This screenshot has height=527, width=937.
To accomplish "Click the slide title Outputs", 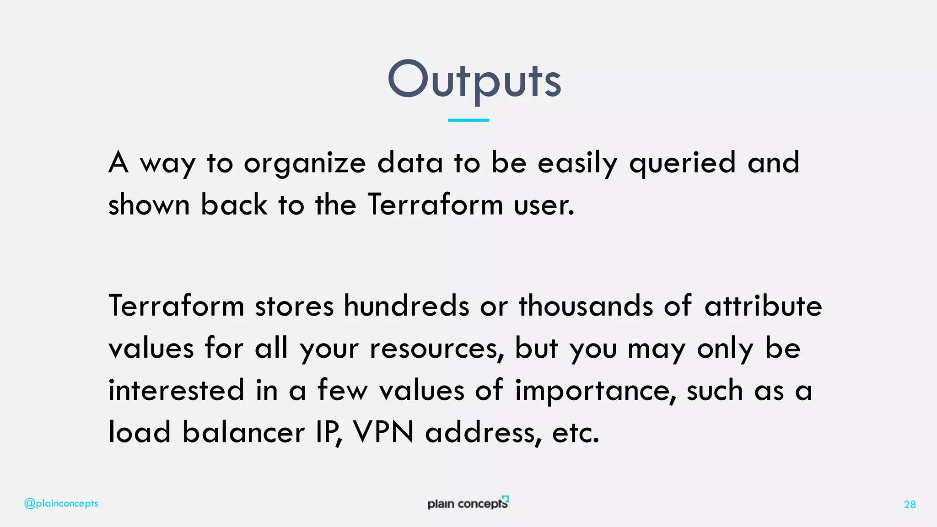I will (x=474, y=81).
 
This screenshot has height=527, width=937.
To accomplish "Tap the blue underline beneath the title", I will (x=468, y=120).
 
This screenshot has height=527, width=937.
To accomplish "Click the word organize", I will (x=305, y=163).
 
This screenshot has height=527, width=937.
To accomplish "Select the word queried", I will (x=682, y=163).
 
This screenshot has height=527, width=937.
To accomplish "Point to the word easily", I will (x=577, y=163).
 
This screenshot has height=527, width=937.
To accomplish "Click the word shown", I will (x=149, y=205).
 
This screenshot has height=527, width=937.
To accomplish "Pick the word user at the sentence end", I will (x=544, y=205).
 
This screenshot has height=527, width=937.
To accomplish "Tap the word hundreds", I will (x=406, y=306).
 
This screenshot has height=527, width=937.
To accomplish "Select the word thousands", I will (x=586, y=306).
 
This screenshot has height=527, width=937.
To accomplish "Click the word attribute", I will (x=763, y=306).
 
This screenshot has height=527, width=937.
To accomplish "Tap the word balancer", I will (x=243, y=432).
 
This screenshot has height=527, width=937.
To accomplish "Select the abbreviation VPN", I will (x=383, y=432).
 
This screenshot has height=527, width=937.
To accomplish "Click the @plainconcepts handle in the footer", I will (x=61, y=504).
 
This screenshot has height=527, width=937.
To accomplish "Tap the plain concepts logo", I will (x=468, y=503).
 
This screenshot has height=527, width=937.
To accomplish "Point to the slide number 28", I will (x=910, y=505).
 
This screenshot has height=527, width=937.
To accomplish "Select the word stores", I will (x=294, y=306).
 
